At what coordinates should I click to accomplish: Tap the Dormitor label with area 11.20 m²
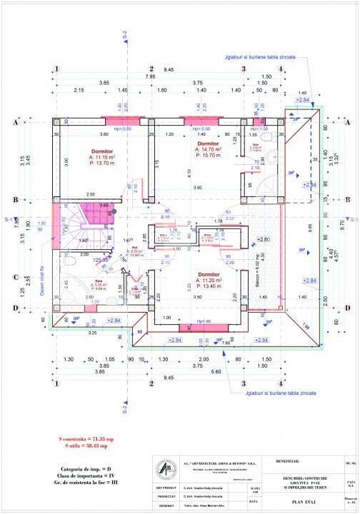click(x=209, y=273)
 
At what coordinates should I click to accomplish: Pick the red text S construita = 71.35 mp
click(x=83, y=438)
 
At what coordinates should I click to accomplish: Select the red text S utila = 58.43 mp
click(x=83, y=445)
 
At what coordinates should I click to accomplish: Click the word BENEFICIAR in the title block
click(x=287, y=460)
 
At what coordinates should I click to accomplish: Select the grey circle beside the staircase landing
click(x=113, y=212)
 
